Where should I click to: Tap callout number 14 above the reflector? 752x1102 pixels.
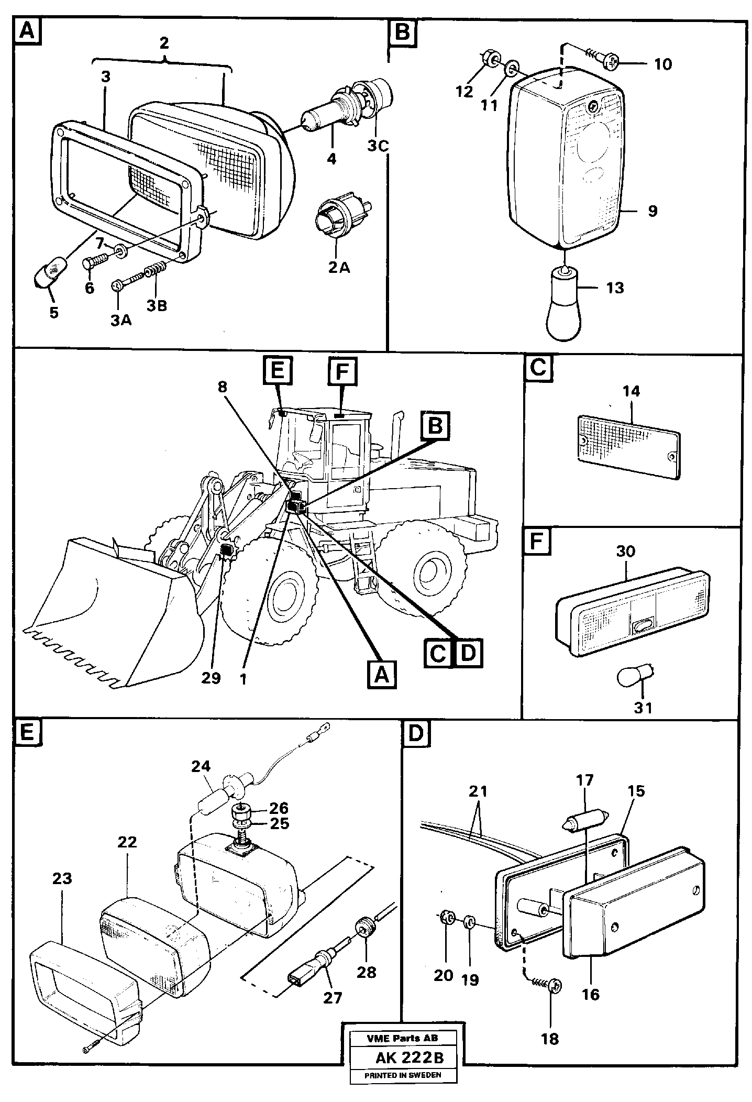click(631, 391)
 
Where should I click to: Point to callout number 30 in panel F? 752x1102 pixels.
click(626, 552)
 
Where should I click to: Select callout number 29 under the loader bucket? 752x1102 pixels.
click(212, 678)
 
